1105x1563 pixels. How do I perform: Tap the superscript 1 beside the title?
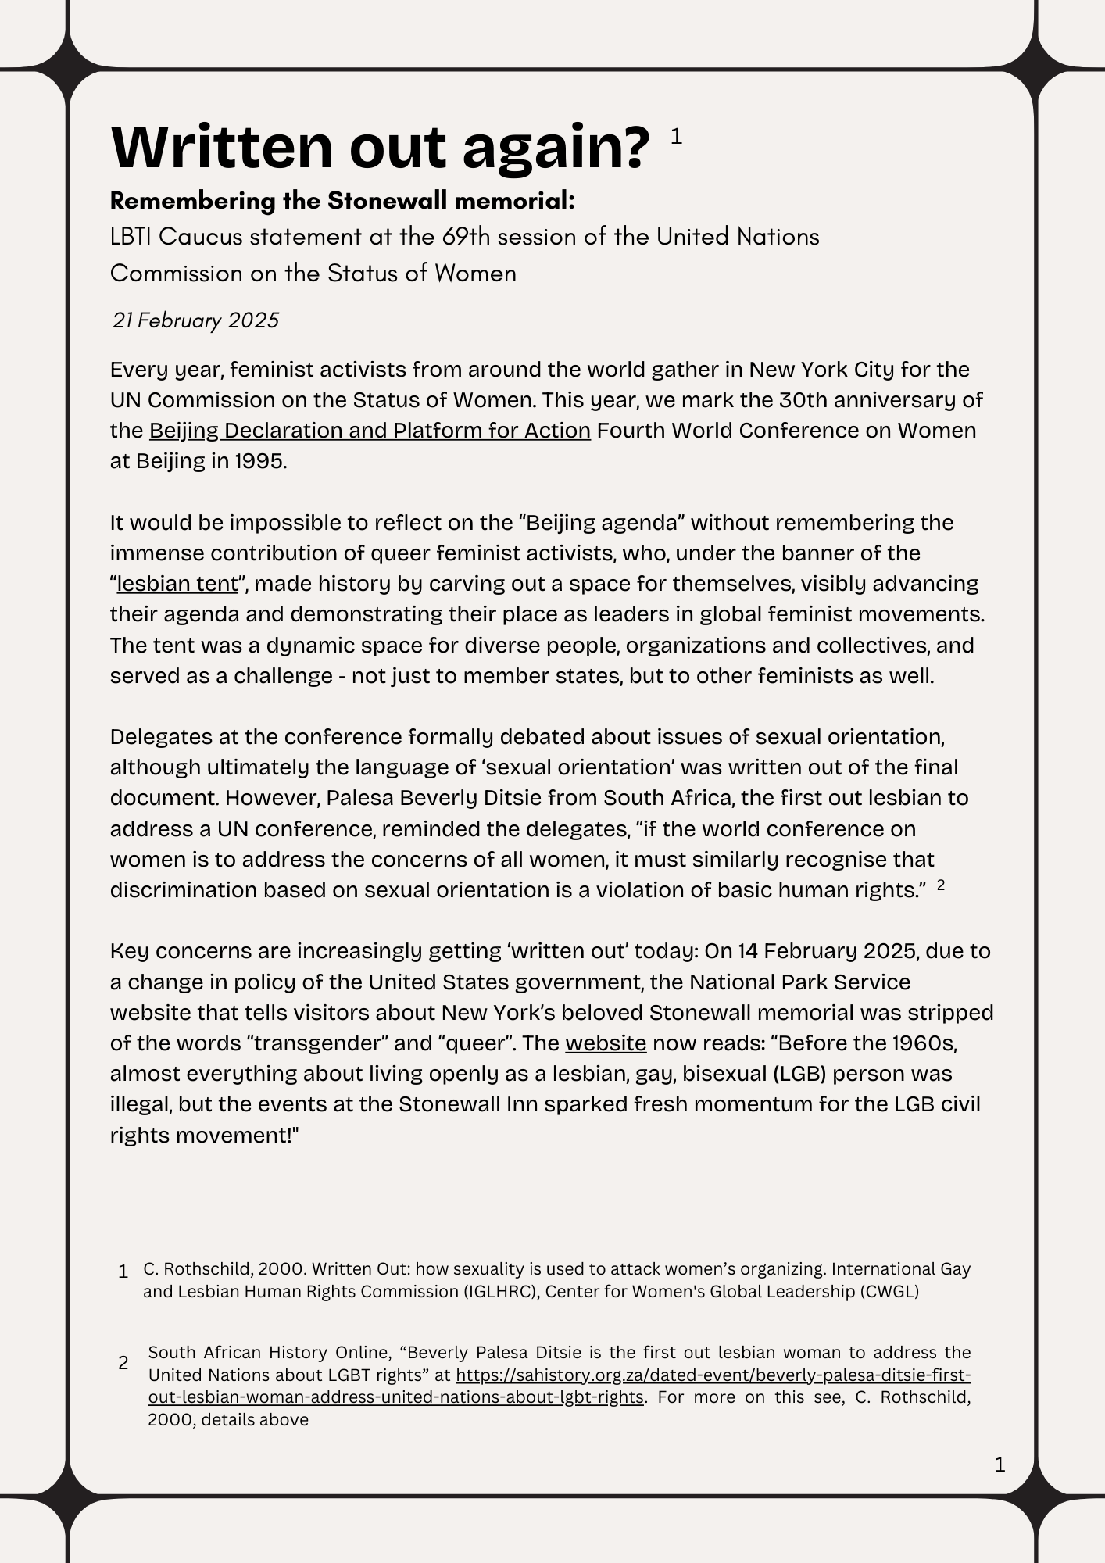click(677, 137)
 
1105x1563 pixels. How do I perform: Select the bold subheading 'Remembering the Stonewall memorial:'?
click(342, 201)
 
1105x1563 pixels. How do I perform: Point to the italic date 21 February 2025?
click(195, 320)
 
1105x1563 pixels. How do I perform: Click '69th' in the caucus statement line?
click(467, 236)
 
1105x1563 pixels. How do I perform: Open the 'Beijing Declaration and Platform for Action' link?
click(370, 431)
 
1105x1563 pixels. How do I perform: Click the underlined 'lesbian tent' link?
click(177, 584)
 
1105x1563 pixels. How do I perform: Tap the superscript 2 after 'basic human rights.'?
click(941, 885)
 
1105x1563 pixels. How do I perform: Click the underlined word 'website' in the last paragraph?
click(606, 1043)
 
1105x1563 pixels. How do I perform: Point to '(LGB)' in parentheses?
click(799, 1074)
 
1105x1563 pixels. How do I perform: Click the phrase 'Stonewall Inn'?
click(471, 1104)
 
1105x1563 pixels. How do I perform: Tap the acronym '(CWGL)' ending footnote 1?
click(889, 1291)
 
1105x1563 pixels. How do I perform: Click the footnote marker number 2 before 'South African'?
click(123, 1363)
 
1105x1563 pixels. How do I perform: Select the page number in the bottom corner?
click(1000, 1465)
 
